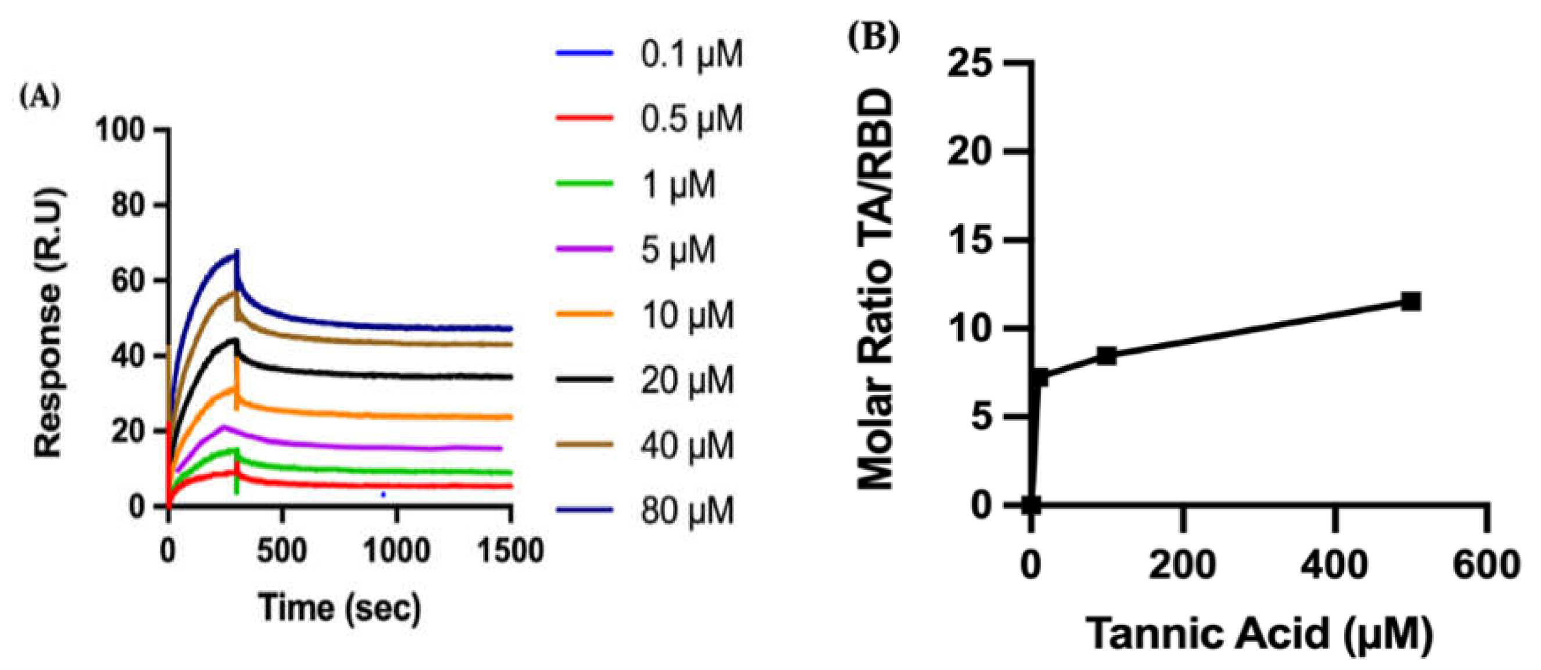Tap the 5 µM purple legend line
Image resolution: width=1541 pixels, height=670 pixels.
584,249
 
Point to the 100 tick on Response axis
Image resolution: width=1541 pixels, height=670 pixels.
120,130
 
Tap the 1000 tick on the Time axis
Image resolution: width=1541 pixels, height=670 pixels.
396,550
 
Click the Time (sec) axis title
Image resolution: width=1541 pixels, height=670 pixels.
340,608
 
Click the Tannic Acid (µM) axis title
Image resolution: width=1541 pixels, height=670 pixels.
1258,634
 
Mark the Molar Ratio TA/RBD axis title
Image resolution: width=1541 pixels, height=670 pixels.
875,287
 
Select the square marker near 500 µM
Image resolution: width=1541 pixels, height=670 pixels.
1411,302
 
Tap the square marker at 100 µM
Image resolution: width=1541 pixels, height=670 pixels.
1107,356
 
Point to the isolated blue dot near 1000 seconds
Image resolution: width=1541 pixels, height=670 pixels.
384,494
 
